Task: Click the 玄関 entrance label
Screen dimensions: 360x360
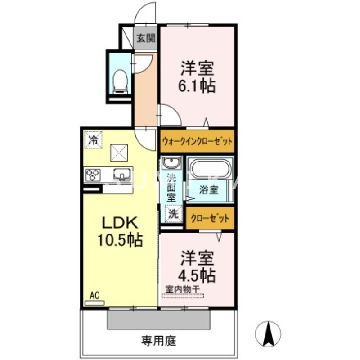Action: [x=145, y=38]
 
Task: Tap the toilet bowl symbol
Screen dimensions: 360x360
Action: [x=120, y=81]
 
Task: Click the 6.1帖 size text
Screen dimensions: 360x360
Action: [x=198, y=85]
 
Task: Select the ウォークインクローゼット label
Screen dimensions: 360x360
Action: [x=197, y=141]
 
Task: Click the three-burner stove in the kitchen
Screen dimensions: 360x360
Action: [x=93, y=175]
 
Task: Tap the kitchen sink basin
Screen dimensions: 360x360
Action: [x=122, y=174]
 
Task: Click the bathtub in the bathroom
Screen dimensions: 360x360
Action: [x=211, y=171]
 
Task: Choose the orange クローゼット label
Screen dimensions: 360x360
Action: [x=210, y=218]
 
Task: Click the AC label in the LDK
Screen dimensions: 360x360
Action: [x=94, y=295]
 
